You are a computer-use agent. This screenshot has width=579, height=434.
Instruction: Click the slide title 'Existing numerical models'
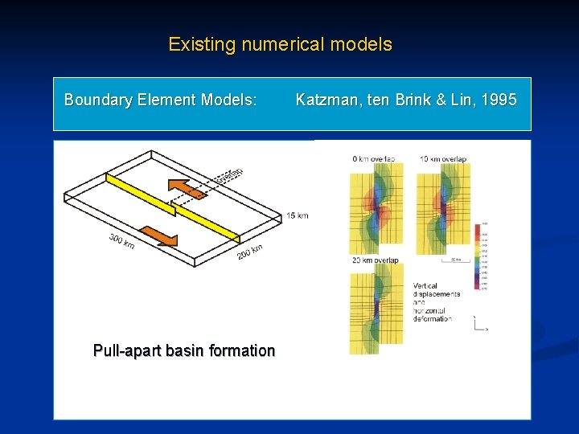pyautogui.click(x=280, y=44)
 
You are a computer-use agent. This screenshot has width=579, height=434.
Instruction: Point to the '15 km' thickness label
pyautogui.click(x=297, y=215)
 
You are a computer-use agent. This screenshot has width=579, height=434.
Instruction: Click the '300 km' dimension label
pyautogui.click(x=122, y=240)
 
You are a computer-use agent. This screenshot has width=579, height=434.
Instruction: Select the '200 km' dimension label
pyautogui.click(x=249, y=251)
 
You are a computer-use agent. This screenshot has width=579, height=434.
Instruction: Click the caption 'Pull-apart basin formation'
pyautogui.click(x=184, y=351)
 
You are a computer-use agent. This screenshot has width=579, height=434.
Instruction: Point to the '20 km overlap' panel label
pyautogui.click(x=375, y=260)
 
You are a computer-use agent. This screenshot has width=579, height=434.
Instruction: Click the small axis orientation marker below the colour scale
pyautogui.click(x=479, y=324)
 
